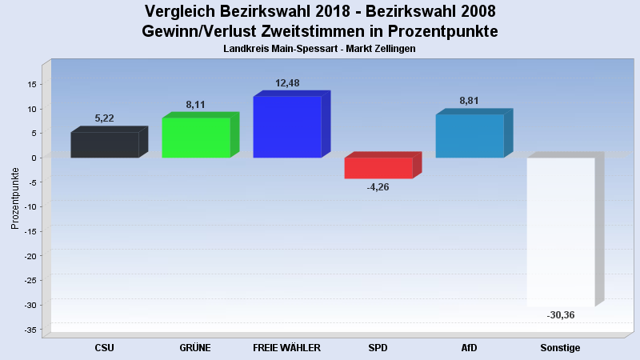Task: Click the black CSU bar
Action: pyautogui.click(x=105, y=145)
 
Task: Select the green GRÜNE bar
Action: pyautogui.click(x=196, y=138)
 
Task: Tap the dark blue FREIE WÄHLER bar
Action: pyautogui.click(x=286, y=127)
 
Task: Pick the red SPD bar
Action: pyautogui.click(x=378, y=168)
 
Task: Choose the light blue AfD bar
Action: pyautogui.click(x=470, y=136)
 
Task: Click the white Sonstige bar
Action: pyautogui.click(x=561, y=232)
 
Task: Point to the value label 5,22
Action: pyautogui.click(x=104, y=118)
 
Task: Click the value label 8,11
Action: pyautogui.click(x=195, y=104)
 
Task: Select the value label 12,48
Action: pyautogui.click(x=287, y=83)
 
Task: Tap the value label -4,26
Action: pyautogui.click(x=378, y=187)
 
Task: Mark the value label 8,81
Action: pyautogui.click(x=470, y=101)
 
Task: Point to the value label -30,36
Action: pyautogui.click(x=560, y=315)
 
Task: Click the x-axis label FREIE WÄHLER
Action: pyautogui.click(x=286, y=348)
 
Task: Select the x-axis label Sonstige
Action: pyautogui.click(x=560, y=348)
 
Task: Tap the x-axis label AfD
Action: pyautogui.click(x=470, y=348)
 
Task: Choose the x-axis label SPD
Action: pyautogui.click(x=378, y=348)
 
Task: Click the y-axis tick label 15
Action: pyautogui.click(x=33, y=84)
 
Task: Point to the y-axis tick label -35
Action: pyautogui.click(x=30, y=330)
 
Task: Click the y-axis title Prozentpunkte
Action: pyautogui.click(x=15, y=197)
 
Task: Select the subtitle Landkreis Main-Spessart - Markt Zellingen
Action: pyautogui.click(x=320, y=49)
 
